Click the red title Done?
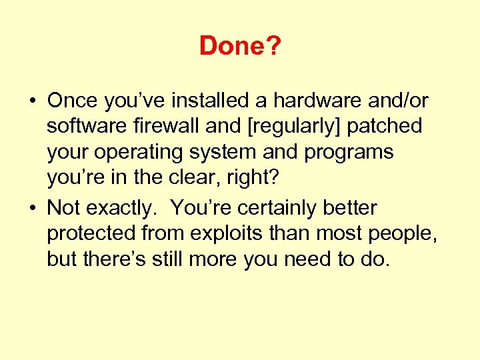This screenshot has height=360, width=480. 239,46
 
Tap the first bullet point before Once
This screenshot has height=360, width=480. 31,101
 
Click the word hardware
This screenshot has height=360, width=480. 311,101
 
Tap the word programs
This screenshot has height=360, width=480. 349,153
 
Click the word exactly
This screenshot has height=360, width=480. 125,208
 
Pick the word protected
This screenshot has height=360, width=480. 91,234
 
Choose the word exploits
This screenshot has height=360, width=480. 218,234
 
